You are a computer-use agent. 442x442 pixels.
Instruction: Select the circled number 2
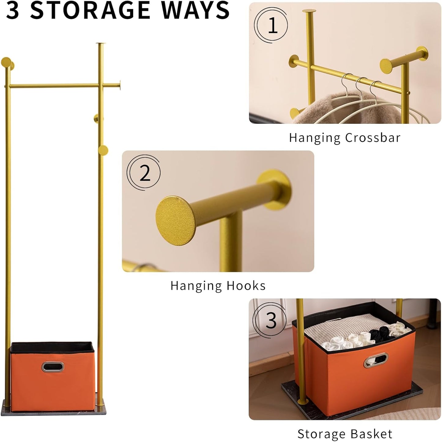[144, 173]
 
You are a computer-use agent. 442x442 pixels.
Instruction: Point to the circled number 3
[270, 321]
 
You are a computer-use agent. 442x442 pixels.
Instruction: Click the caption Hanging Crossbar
[344, 138]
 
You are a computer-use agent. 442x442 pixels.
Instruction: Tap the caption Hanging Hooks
[218, 286]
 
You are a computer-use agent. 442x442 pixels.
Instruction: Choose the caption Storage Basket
[344, 434]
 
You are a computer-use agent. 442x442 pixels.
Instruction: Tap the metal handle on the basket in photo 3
[376, 360]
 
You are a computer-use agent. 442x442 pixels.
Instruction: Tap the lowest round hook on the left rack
[103, 150]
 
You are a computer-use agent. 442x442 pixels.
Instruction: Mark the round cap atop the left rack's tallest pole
[100, 44]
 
